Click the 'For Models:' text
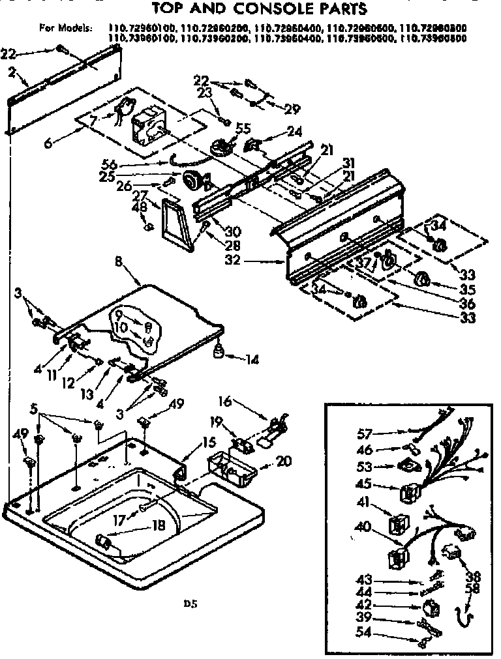tap(65, 28)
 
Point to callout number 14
tap(252, 358)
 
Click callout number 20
tap(282, 462)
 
